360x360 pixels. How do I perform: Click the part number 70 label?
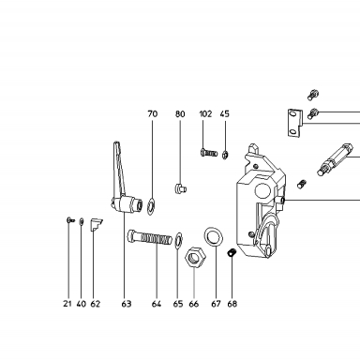point(153,113)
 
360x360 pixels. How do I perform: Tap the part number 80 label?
point(180,113)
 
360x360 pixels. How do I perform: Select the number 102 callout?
point(205,113)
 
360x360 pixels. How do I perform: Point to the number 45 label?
point(225,113)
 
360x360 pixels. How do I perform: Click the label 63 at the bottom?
point(127,304)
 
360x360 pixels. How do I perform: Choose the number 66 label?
point(194,304)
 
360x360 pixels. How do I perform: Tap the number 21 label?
point(67,304)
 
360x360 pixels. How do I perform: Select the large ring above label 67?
point(214,236)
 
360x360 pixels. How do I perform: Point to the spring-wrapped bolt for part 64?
point(149,238)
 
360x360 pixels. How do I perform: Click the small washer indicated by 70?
point(151,206)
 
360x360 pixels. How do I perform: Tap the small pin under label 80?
point(180,188)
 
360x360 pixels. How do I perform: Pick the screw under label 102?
point(208,153)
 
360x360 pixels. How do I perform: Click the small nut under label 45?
point(225,155)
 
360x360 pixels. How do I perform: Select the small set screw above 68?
point(232,252)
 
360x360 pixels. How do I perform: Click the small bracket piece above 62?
point(96,225)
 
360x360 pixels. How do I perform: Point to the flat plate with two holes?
point(294,123)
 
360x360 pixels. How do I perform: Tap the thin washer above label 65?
point(178,240)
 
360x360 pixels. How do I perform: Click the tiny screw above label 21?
point(70,220)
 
